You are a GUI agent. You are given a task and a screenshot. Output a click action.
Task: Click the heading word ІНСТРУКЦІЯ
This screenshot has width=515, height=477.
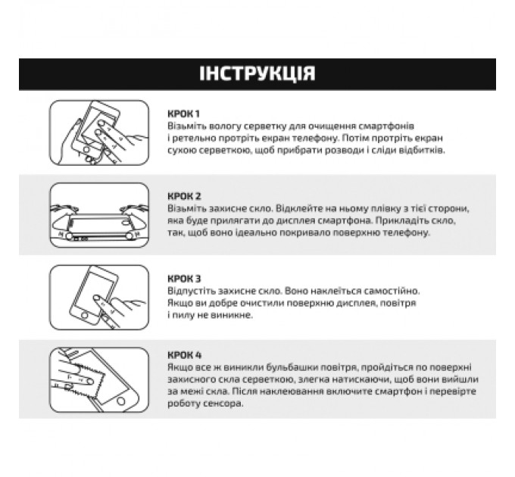click(257, 73)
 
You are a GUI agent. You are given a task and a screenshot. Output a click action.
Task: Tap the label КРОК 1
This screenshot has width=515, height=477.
click(184, 113)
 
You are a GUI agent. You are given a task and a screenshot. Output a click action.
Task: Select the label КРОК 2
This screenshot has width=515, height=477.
click(184, 195)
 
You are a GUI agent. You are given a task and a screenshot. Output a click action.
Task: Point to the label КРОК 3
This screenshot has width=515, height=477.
click(184, 279)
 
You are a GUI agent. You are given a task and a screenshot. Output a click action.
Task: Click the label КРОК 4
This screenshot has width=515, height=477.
click(184, 354)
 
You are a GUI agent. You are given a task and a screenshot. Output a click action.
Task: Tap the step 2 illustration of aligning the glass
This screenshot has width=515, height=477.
click(98, 215)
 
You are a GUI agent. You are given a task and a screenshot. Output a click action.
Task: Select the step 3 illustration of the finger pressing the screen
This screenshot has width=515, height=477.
click(98, 296)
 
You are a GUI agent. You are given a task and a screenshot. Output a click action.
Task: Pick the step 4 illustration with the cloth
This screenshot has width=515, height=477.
click(98, 378)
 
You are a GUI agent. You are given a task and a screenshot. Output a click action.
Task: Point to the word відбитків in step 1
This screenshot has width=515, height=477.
click(420, 150)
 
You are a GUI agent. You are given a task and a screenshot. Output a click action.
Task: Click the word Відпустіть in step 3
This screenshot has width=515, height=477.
click(191, 291)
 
